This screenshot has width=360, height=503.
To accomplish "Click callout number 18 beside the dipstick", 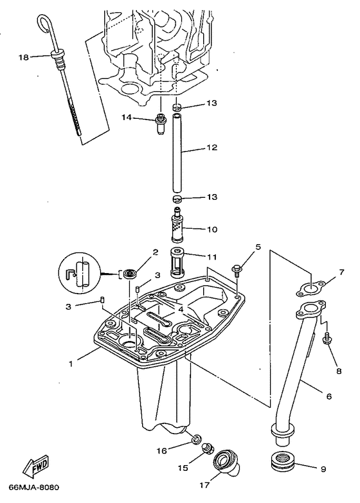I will click(23, 57).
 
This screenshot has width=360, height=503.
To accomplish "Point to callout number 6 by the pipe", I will click(328, 396).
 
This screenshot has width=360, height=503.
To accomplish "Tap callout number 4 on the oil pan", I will click(181, 308).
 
